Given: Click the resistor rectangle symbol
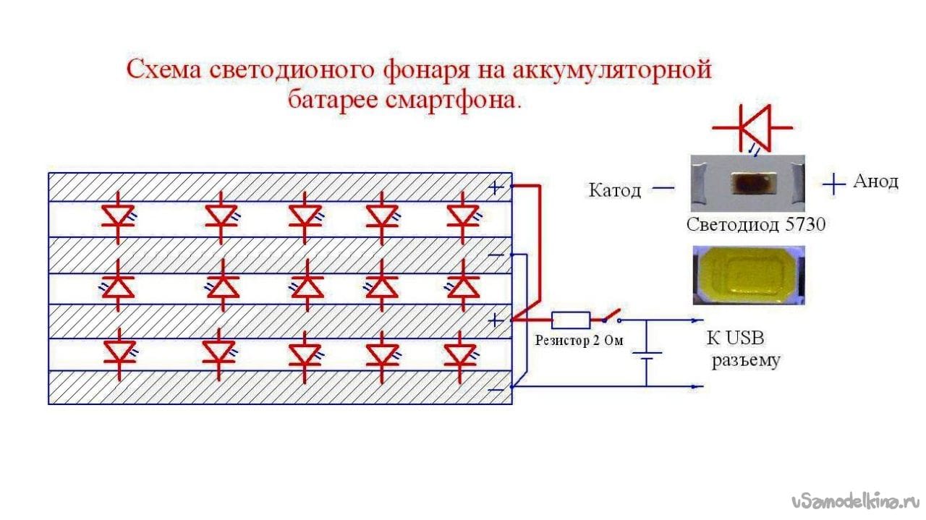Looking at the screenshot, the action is [x=571, y=320].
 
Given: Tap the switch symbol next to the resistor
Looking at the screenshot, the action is [x=611, y=316].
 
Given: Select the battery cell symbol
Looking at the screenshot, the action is [x=646, y=356].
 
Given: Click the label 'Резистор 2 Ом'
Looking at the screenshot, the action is [x=579, y=341].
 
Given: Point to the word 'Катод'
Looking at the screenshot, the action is [x=615, y=190].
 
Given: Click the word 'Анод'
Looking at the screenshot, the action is [x=875, y=182].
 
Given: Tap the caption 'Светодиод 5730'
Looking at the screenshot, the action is [x=756, y=224].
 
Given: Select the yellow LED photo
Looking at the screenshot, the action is [x=749, y=276].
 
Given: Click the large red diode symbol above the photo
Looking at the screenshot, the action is [x=752, y=128].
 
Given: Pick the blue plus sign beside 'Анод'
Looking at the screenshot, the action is [x=833, y=184].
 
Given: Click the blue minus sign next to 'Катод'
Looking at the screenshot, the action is [x=663, y=189].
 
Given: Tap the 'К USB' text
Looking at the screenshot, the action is [x=736, y=338].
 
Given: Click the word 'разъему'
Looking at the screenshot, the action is [x=745, y=360].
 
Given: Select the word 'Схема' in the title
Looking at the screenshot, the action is [x=163, y=69].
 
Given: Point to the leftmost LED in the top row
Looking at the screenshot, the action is [x=119, y=218].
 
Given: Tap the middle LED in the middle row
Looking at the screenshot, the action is [x=307, y=285].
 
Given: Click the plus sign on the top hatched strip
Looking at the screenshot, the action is [x=496, y=188].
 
